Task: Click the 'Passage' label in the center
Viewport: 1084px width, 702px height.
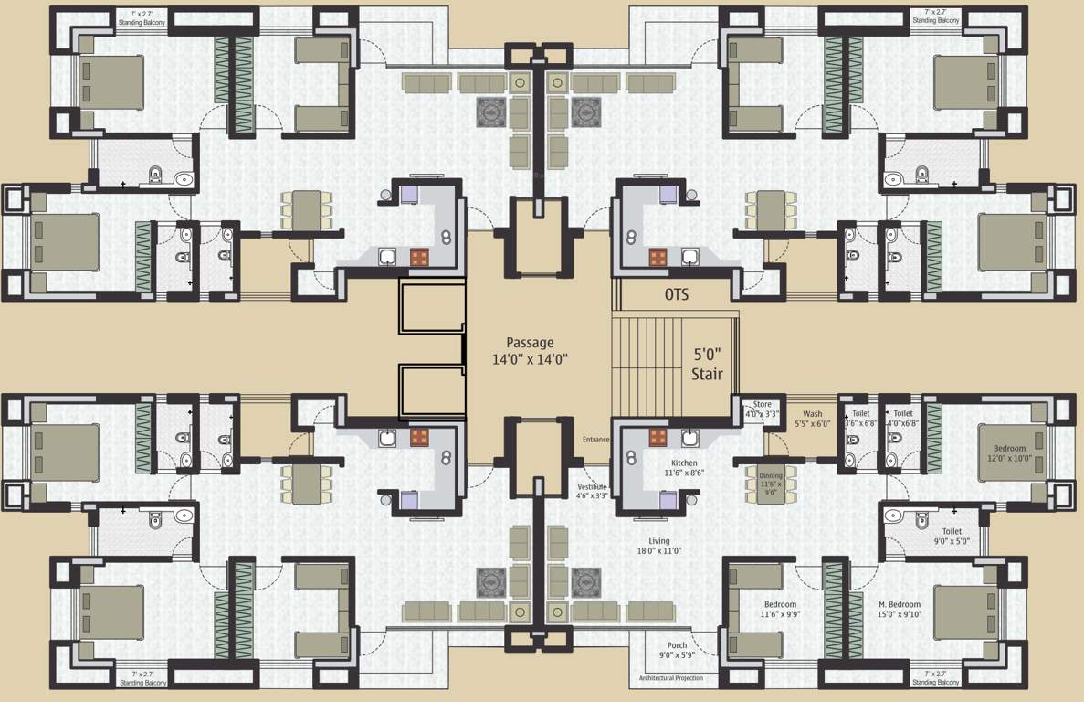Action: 530,343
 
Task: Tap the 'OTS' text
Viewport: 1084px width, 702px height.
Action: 676,295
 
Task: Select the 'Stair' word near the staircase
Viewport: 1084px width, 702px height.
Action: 707,374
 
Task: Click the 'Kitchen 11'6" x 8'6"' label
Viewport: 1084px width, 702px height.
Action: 684,468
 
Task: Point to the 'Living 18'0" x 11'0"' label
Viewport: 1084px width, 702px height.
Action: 659,546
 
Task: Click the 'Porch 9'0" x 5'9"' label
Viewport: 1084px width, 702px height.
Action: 677,650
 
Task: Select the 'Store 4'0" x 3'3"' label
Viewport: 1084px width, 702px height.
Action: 762,409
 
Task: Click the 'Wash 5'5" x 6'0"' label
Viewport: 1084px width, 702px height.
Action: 812,419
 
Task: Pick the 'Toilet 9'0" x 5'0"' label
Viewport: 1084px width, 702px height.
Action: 952,536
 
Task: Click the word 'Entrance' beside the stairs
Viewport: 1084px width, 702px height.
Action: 595,440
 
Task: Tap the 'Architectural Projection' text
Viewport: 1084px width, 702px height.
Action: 665,679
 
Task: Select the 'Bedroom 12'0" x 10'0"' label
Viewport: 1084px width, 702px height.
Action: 1009,453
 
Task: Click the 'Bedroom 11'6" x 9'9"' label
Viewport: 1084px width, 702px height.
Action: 780,610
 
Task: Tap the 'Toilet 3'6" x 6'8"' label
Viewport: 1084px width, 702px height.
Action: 860,419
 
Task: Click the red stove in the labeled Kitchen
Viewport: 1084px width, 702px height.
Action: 658,437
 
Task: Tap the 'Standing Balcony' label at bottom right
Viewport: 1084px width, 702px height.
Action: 936,682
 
